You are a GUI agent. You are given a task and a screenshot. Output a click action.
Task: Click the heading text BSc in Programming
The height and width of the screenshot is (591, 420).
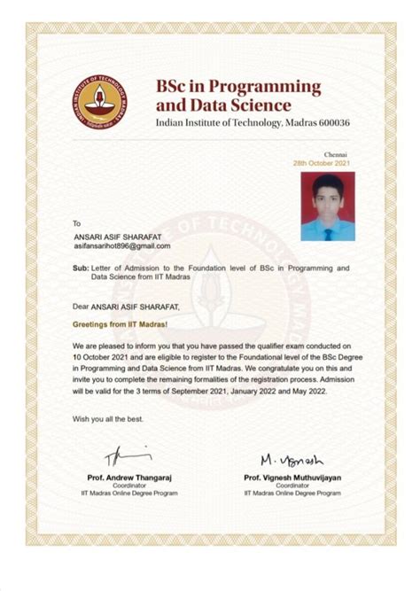237,86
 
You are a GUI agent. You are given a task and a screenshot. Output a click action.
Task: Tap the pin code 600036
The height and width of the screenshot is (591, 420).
332,121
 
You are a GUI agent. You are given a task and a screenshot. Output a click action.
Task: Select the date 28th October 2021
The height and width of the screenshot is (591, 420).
323,164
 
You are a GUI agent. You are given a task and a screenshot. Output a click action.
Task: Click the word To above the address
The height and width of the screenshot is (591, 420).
77,223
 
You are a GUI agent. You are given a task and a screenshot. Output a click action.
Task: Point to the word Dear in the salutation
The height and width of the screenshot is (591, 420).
82,307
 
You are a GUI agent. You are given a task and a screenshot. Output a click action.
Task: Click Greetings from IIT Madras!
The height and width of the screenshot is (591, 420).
120,324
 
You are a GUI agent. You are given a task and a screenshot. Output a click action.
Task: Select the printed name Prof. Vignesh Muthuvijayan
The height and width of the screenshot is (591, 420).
292,478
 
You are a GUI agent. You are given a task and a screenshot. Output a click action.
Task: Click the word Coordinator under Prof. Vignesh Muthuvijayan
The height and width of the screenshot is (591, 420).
292,486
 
